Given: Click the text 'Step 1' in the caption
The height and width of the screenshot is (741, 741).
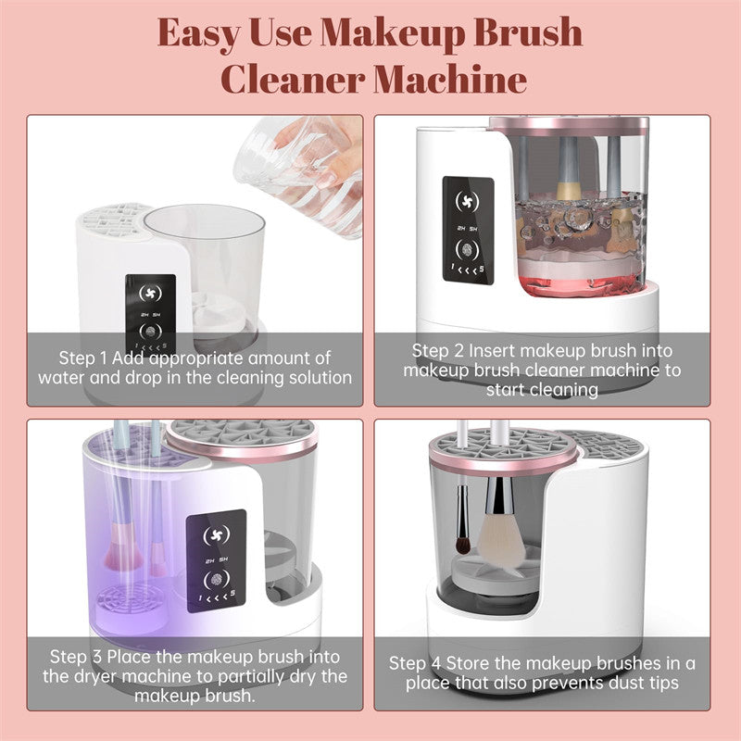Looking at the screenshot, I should tap(84, 358).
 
